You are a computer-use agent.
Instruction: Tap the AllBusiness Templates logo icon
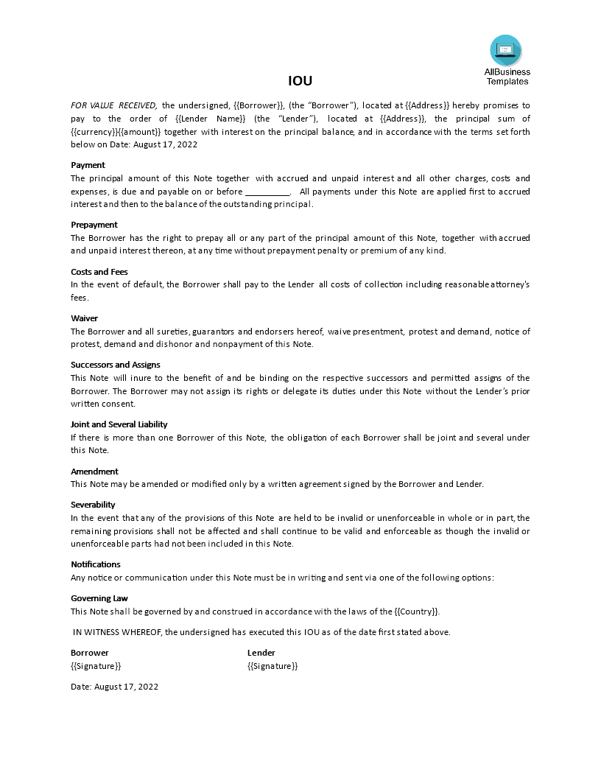tap(505, 50)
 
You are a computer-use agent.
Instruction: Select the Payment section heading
tap(88, 165)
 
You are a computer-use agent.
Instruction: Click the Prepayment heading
tap(94, 225)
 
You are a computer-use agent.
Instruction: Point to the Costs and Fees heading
tap(99, 272)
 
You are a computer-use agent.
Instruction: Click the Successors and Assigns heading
tap(115, 365)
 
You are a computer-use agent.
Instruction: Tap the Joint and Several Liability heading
tap(119, 424)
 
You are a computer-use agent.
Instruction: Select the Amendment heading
tap(94, 472)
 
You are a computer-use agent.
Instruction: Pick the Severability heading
tap(93, 505)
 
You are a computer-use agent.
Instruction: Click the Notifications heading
tap(95, 564)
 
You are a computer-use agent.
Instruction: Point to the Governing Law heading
tap(99, 598)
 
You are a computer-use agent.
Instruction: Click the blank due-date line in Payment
tap(267, 192)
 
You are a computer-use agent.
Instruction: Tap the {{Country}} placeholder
tap(417, 611)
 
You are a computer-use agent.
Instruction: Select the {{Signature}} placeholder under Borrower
tap(96, 666)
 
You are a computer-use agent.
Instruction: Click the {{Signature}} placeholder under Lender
tap(273, 666)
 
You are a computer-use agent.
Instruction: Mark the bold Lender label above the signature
tap(261, 653)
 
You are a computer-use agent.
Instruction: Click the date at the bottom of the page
tap(114, 687)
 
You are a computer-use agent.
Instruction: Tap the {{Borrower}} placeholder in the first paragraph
tap(259, 105)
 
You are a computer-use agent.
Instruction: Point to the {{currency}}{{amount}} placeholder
tap(116, 132)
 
